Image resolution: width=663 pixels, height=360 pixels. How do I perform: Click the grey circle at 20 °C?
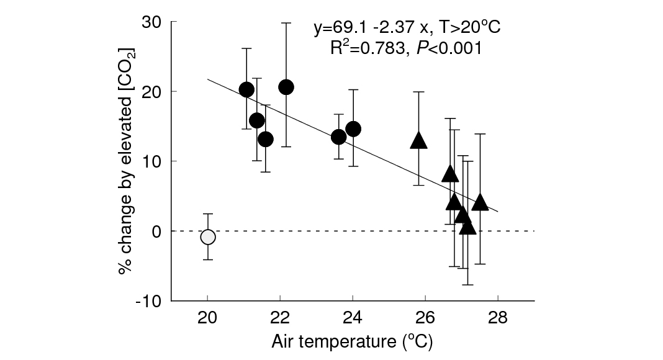208,237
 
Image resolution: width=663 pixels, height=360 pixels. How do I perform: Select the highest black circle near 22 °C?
286,87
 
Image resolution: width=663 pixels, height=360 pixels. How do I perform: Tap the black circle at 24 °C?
353,129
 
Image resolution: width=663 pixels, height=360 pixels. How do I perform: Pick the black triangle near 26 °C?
419,141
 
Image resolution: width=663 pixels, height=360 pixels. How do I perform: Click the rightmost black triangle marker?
480,202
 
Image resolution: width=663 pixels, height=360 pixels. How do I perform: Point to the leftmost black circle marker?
246,89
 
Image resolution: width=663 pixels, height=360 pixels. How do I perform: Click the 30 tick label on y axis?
153,22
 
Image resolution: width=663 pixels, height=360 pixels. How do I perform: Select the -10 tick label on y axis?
150,301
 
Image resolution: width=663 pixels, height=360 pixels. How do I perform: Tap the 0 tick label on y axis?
157,232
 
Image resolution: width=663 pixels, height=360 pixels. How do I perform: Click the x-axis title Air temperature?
351,341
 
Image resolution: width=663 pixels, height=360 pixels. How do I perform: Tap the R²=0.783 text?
366,49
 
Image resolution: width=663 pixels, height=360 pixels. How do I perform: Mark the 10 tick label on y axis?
153,161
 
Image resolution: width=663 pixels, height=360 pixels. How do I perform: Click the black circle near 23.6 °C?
338,137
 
